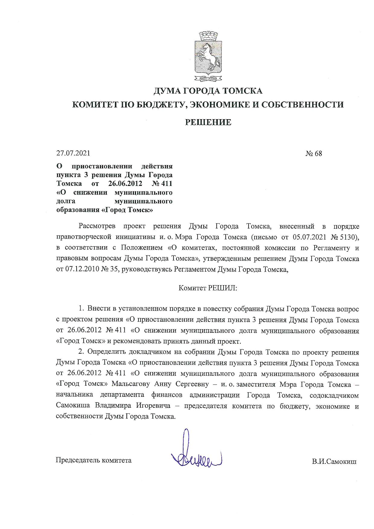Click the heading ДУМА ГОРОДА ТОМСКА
click(x=208, y=91)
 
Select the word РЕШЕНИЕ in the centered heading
click(x=208, y=122)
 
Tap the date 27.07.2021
click(x=73, y=153)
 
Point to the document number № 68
click(x=314, y=154)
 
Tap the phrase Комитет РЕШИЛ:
click(x=208, y=288)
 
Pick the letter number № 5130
click(x=345, y=237)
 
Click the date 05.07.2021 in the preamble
click(x=309, y=237)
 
